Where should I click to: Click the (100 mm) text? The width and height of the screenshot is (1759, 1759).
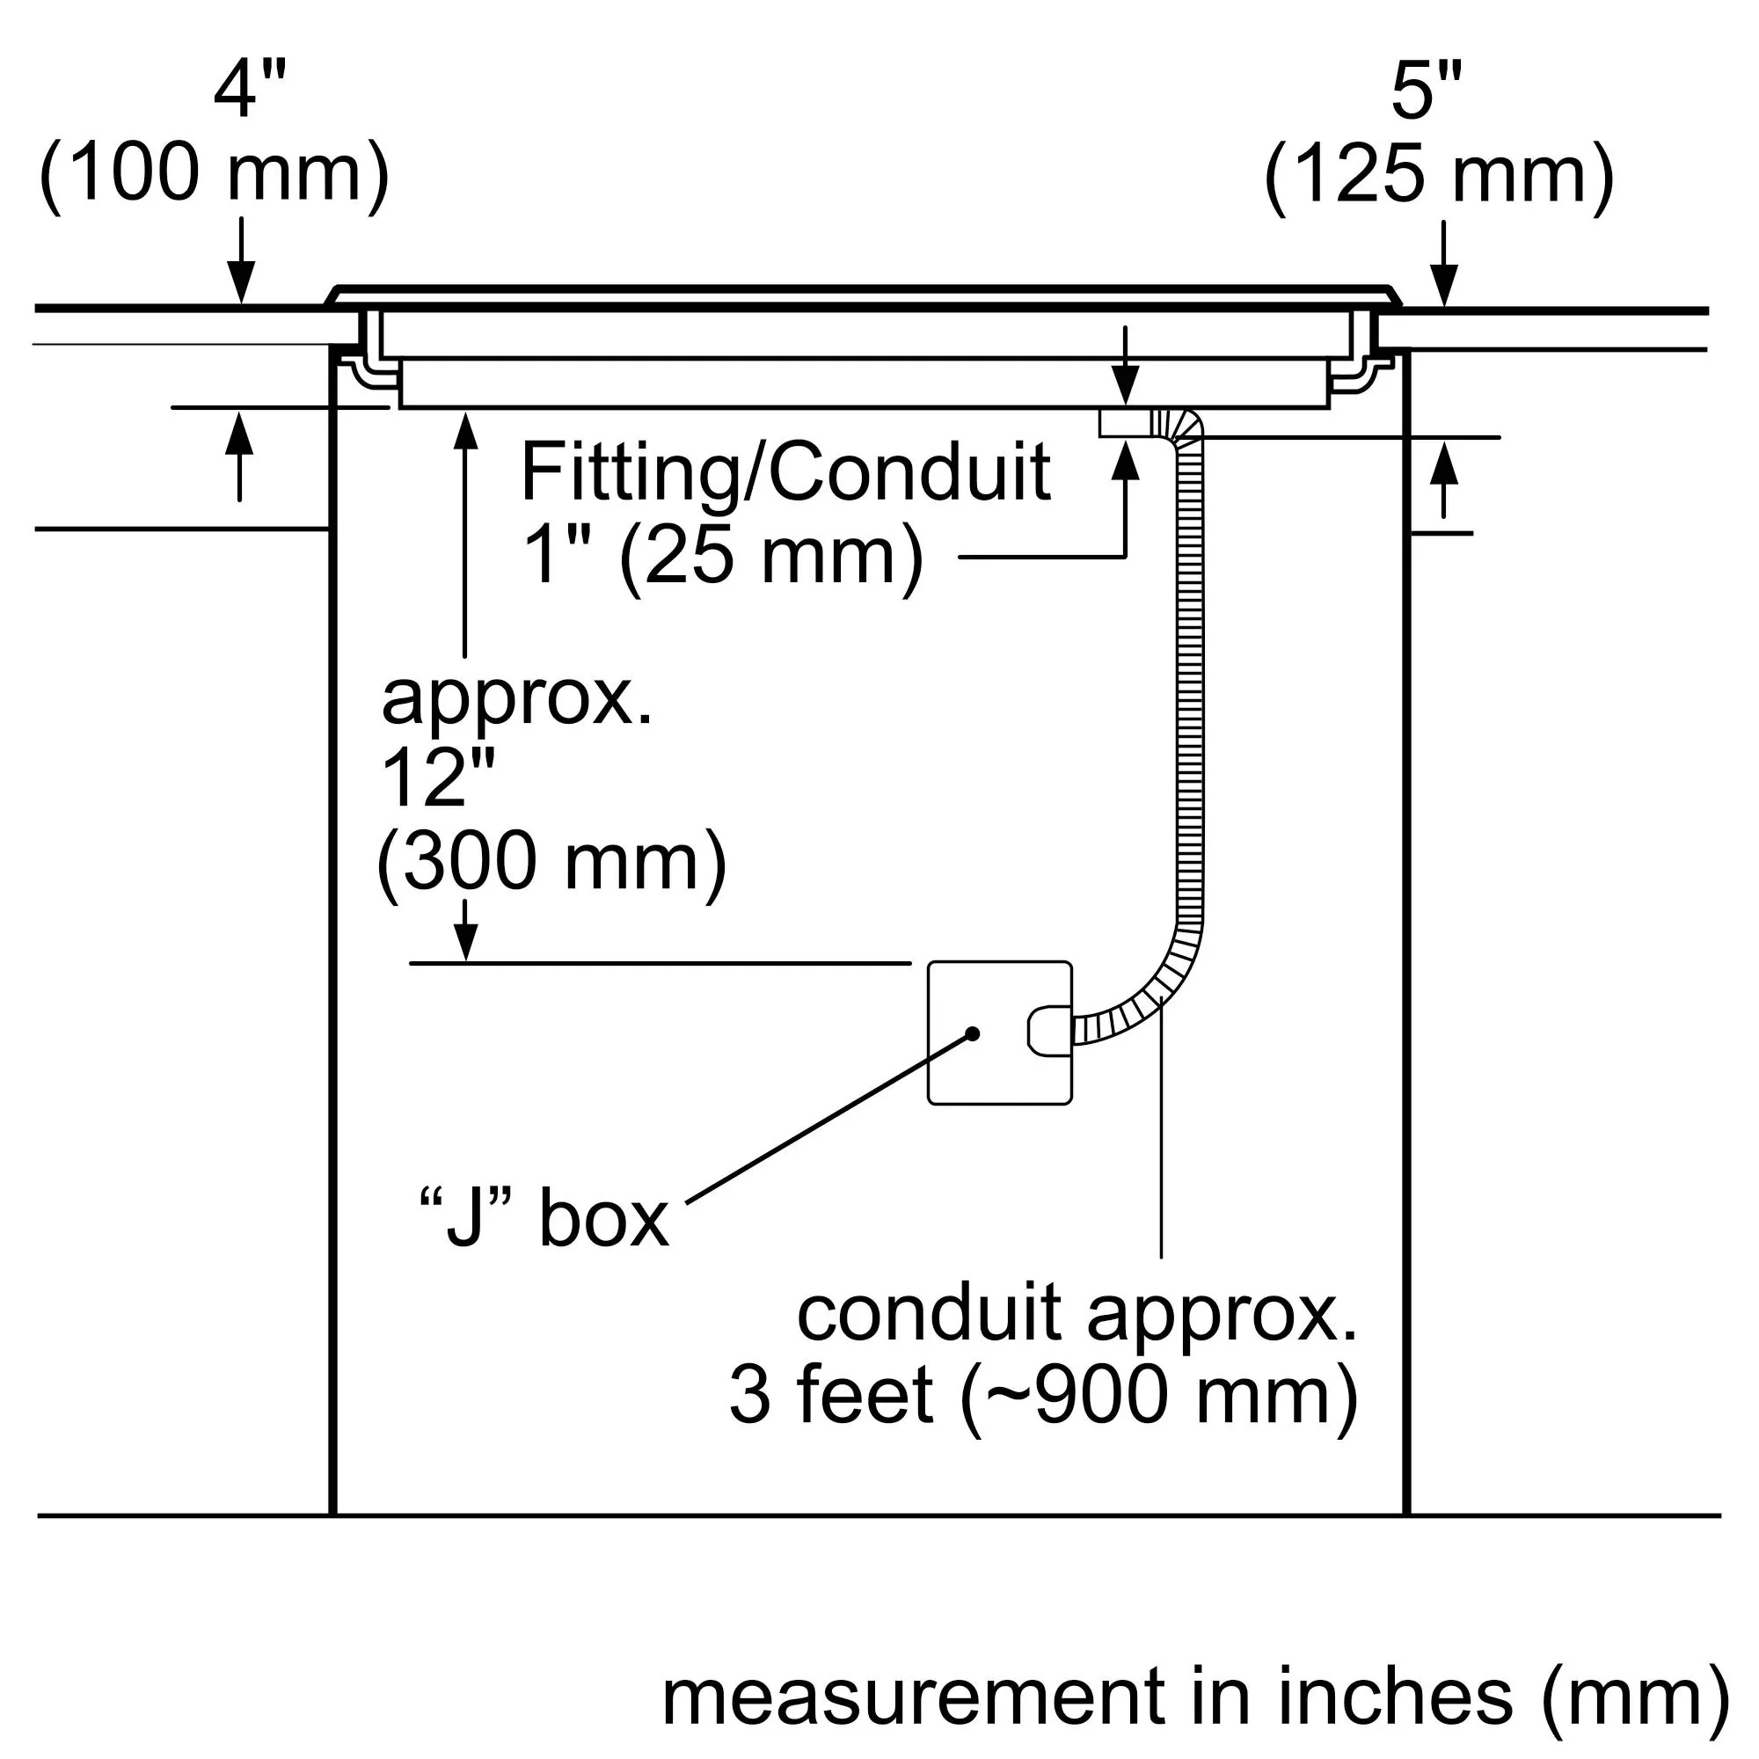click(x=215, y=175)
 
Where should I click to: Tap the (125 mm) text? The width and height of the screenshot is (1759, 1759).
click(x=1439, y=175)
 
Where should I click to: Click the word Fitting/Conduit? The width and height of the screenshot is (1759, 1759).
click(x=785, y=472)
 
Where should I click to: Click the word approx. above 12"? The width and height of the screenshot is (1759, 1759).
click(x=517, y=699)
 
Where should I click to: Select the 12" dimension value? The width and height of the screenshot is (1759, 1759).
click(x=437, y=779)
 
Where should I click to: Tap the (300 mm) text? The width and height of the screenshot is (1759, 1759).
click(x=551, y=861)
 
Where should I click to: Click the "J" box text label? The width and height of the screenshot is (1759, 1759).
click(x=544, y=1219)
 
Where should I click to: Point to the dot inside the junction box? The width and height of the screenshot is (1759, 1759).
click(x=973, y=1034)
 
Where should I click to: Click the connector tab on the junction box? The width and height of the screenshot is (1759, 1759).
click(x=1049, y=1031)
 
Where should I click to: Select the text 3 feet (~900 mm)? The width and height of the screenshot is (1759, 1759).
click(x=1043, y=1396)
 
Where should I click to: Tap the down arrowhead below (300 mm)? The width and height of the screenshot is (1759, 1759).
click(x=465, y=941)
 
